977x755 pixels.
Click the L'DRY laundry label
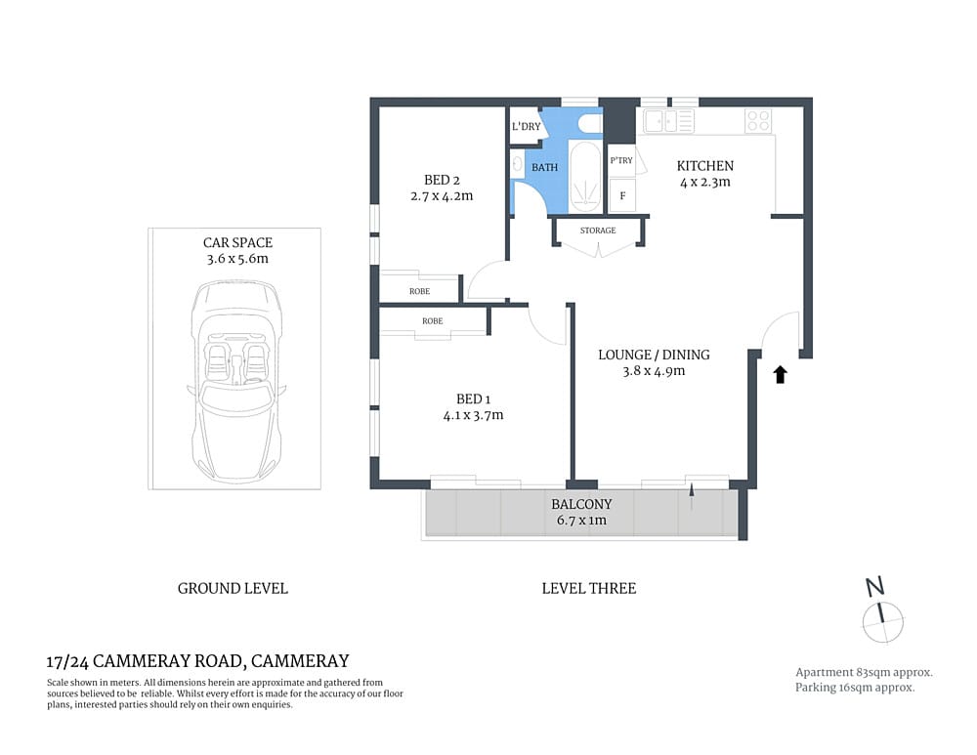pos(526,127)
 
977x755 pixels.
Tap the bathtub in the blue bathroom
pos(584,177)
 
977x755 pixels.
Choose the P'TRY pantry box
pos(621,160)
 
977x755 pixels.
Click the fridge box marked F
pos(622,195)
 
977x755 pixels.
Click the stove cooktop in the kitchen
pos(758,121)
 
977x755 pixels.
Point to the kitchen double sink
pos(668,121)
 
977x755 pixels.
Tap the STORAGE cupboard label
pos(598,231)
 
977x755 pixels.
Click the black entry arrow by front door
pos(780,374)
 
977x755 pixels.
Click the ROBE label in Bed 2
pos(419,291)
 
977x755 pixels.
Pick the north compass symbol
pos(882,616)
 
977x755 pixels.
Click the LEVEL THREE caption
pos(588,588)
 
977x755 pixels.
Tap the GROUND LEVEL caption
pos(233,588)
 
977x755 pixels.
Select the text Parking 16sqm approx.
pos(855,688)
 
